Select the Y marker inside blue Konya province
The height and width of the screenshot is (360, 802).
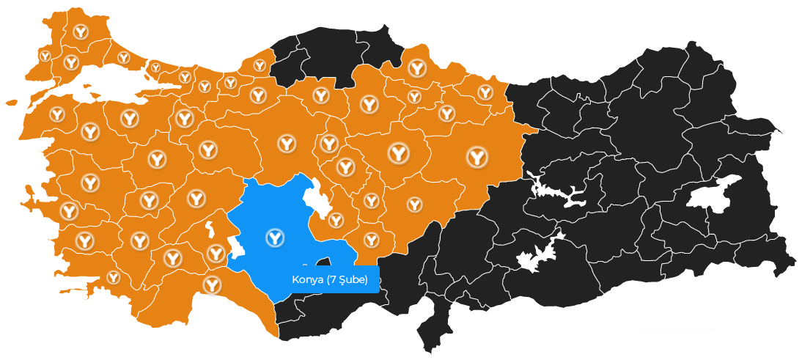[275, 237]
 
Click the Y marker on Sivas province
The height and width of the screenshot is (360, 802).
[477, 155]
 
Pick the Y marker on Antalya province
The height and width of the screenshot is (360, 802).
[213, 284]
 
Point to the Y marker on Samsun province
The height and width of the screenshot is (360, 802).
[417, 69]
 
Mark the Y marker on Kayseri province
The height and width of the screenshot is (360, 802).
[415, 204]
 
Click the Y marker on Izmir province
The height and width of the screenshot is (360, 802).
[69, 211]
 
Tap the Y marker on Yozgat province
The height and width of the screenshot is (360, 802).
[398, 153]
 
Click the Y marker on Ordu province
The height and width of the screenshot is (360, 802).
[485, 92]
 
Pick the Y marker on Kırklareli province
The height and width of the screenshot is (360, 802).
[80, 32]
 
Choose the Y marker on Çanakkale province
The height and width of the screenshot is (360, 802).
[57, 114]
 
